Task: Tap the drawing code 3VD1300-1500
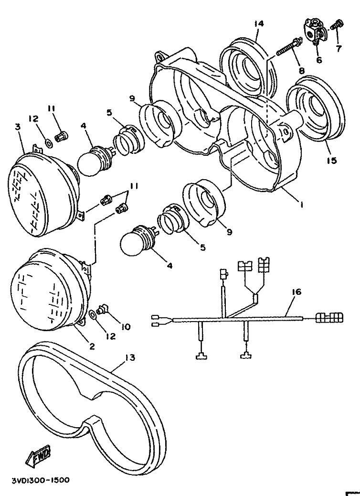[40, 480]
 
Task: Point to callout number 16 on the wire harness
[296, 291]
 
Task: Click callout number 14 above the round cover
[259, 24]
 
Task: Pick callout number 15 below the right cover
[331, 161]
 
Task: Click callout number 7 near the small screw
[339, 49]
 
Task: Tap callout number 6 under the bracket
[319, 59]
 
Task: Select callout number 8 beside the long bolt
[301, 71]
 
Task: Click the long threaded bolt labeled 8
[288, 47]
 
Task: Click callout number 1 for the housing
[302, 205]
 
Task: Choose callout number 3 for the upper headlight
[17, 127]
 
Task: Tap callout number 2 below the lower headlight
[92, 346]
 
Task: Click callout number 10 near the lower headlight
[126, 326]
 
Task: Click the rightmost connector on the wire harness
[329, 317]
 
